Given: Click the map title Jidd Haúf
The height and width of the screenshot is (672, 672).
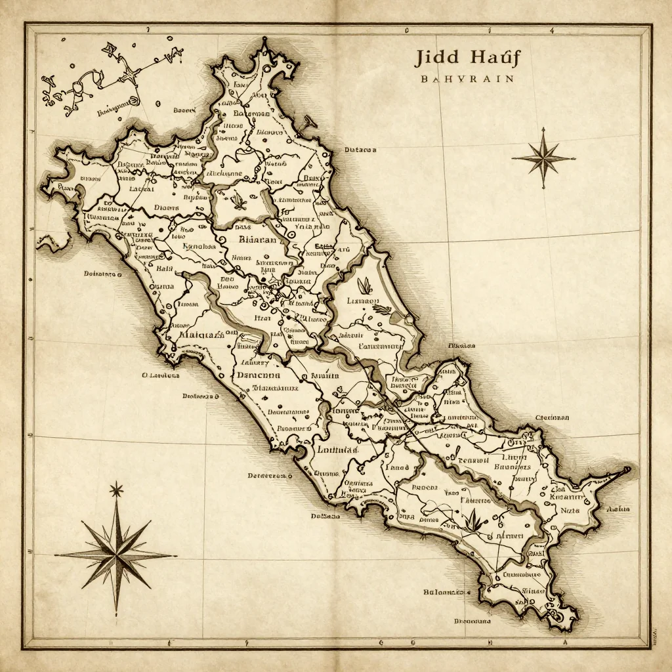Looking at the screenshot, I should tap(467, 58).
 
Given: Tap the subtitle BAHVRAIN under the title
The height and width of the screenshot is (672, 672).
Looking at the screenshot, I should tap(467, 78).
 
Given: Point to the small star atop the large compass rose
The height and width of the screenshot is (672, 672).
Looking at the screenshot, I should tap(117, 489).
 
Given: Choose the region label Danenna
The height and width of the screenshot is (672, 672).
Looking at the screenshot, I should tap(258, 376).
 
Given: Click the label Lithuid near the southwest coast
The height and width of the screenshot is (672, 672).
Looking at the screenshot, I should tap(337, 450).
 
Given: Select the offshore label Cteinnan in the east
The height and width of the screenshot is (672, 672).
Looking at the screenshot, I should tap(552, 417).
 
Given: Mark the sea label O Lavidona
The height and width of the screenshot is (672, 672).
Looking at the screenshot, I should tap(161, 376).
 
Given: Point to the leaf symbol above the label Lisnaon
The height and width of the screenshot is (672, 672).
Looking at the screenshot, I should tap(366, 285).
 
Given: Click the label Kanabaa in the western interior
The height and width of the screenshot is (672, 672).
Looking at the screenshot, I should tap(198, 247).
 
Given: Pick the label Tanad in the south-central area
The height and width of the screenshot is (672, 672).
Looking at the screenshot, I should tap(396, 469).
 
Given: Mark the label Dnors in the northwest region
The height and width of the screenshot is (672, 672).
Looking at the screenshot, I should tap(166, 208).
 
